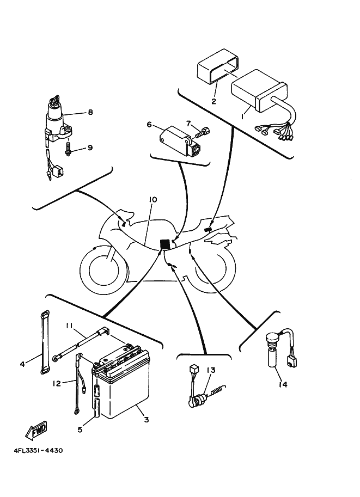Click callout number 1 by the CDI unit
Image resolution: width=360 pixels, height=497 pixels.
243,115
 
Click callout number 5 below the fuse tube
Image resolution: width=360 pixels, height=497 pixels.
80,429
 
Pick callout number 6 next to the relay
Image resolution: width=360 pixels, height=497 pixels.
149,124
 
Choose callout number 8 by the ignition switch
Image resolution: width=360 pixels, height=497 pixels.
90,112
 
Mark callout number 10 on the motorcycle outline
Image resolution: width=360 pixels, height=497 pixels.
153,200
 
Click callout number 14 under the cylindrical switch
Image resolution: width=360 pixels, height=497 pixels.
281,384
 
